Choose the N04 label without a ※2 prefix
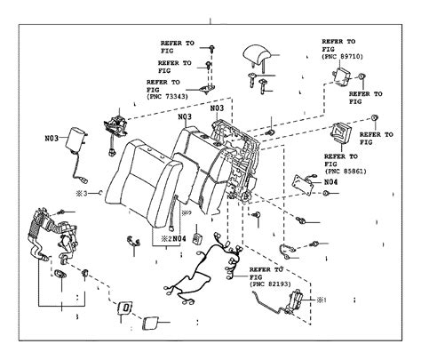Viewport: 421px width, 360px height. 330,182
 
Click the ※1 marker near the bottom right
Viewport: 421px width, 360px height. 322,299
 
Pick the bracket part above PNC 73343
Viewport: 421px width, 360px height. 208,83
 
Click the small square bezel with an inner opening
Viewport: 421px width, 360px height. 126,308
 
